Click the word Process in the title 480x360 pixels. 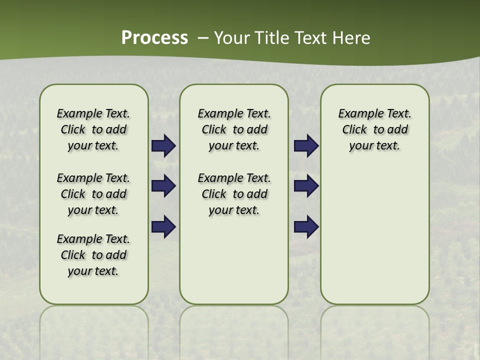point(154,37)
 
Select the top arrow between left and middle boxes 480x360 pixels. point(163,146)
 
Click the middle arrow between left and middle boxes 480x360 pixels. point(163,186)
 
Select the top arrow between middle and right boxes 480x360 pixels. point(306,146)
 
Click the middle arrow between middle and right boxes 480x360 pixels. point(306,186)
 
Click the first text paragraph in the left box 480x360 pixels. point(93,129)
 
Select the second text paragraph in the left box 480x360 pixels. point(93,194)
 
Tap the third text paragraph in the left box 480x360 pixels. point(93,255)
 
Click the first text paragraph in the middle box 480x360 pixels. point(234,129)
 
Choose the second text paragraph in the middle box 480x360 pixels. point(234,194)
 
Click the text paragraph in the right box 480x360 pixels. point(375,129)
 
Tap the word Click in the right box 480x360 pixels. point(354,130)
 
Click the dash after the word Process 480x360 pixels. point(203,37)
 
